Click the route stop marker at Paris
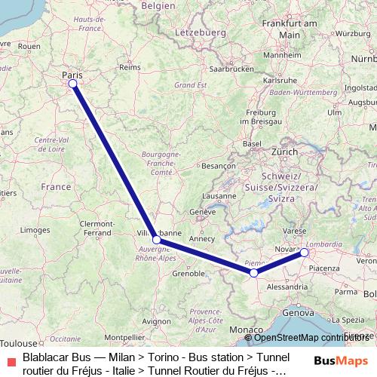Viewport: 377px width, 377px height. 73,84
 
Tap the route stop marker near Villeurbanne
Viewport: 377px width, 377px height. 156,240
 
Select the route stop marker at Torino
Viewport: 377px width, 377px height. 254,272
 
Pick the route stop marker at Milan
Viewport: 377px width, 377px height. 304,253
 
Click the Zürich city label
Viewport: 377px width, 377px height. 285,152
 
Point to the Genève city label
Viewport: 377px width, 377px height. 202,212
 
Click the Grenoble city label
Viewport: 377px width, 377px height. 189,273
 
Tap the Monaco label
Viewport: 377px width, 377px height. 247,330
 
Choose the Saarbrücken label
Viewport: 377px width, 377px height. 232,68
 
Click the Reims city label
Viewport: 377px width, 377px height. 130,67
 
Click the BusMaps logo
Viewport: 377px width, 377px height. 342,361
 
